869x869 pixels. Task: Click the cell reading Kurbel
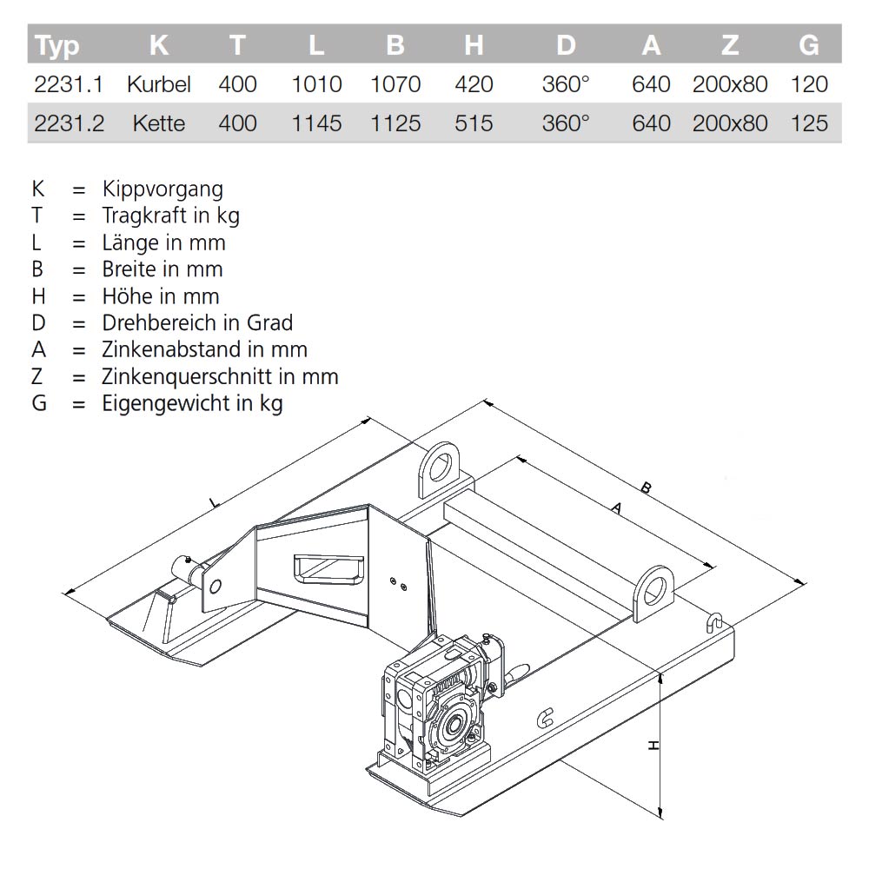pos(158,84)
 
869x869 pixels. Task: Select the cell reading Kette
pos(158,123)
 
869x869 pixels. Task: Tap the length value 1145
pos(316,123)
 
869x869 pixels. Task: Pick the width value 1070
pos(395,84)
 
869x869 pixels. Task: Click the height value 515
pos(474,123)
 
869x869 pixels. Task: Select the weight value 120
pos(809,84)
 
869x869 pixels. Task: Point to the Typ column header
pos(58,45)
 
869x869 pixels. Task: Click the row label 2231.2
pos(70,123)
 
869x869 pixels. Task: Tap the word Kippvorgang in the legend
pos(163,189)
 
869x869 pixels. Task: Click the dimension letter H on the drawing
pos(654,745)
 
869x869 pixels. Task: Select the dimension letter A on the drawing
pos(617,510)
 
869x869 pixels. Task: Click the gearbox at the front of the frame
pos(434,708)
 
